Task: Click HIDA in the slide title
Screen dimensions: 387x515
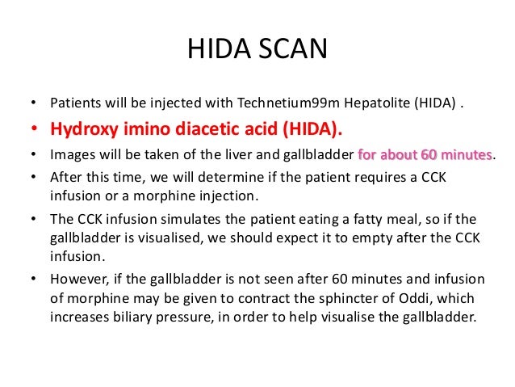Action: click(x=220, y=49)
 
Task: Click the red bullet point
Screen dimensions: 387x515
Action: click(x=33, y=128)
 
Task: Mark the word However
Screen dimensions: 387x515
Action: click(x=79, y=280)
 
